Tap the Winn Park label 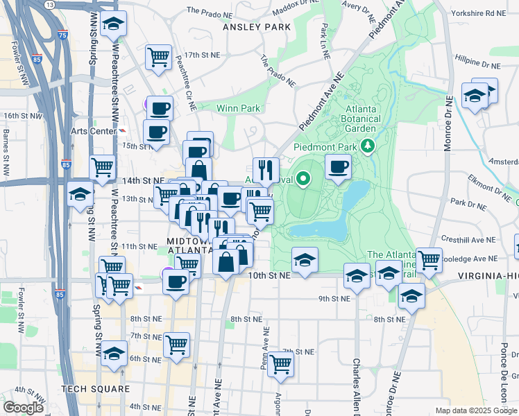(238, 108)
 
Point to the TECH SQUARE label (96, 389)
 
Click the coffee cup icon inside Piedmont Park (338, 167)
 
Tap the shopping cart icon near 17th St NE (159, 57)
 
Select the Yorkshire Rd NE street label (486, 13)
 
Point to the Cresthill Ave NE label (468, 239)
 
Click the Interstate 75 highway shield (63, 35)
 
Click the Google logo (23, 407)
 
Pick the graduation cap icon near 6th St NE (114, 353)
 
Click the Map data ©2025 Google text (475, 410)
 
